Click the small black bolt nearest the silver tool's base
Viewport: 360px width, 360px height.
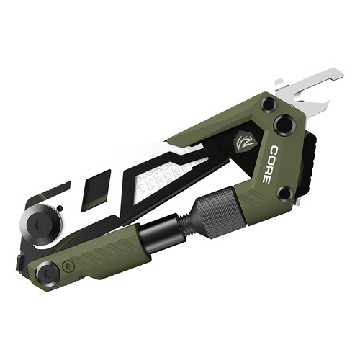[268, 104]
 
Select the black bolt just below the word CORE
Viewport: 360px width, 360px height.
[285, 193]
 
